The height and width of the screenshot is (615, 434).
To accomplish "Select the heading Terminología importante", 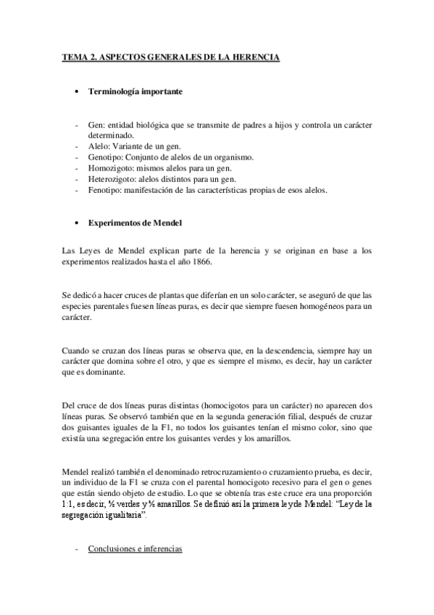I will (134, 92).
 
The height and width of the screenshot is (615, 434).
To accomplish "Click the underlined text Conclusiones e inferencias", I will (135, 550).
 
